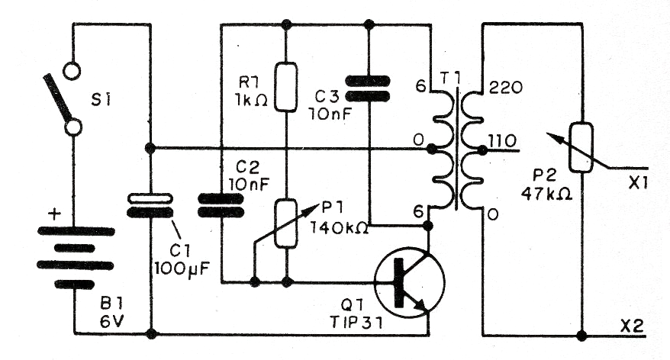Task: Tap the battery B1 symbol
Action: click(75, 256)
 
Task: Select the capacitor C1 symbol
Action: click(150, 205)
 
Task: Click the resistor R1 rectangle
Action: click(286, 88)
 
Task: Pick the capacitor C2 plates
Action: click(221, 204)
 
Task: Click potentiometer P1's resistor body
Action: click(286, 223)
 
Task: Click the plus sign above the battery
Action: click(54, 213)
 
